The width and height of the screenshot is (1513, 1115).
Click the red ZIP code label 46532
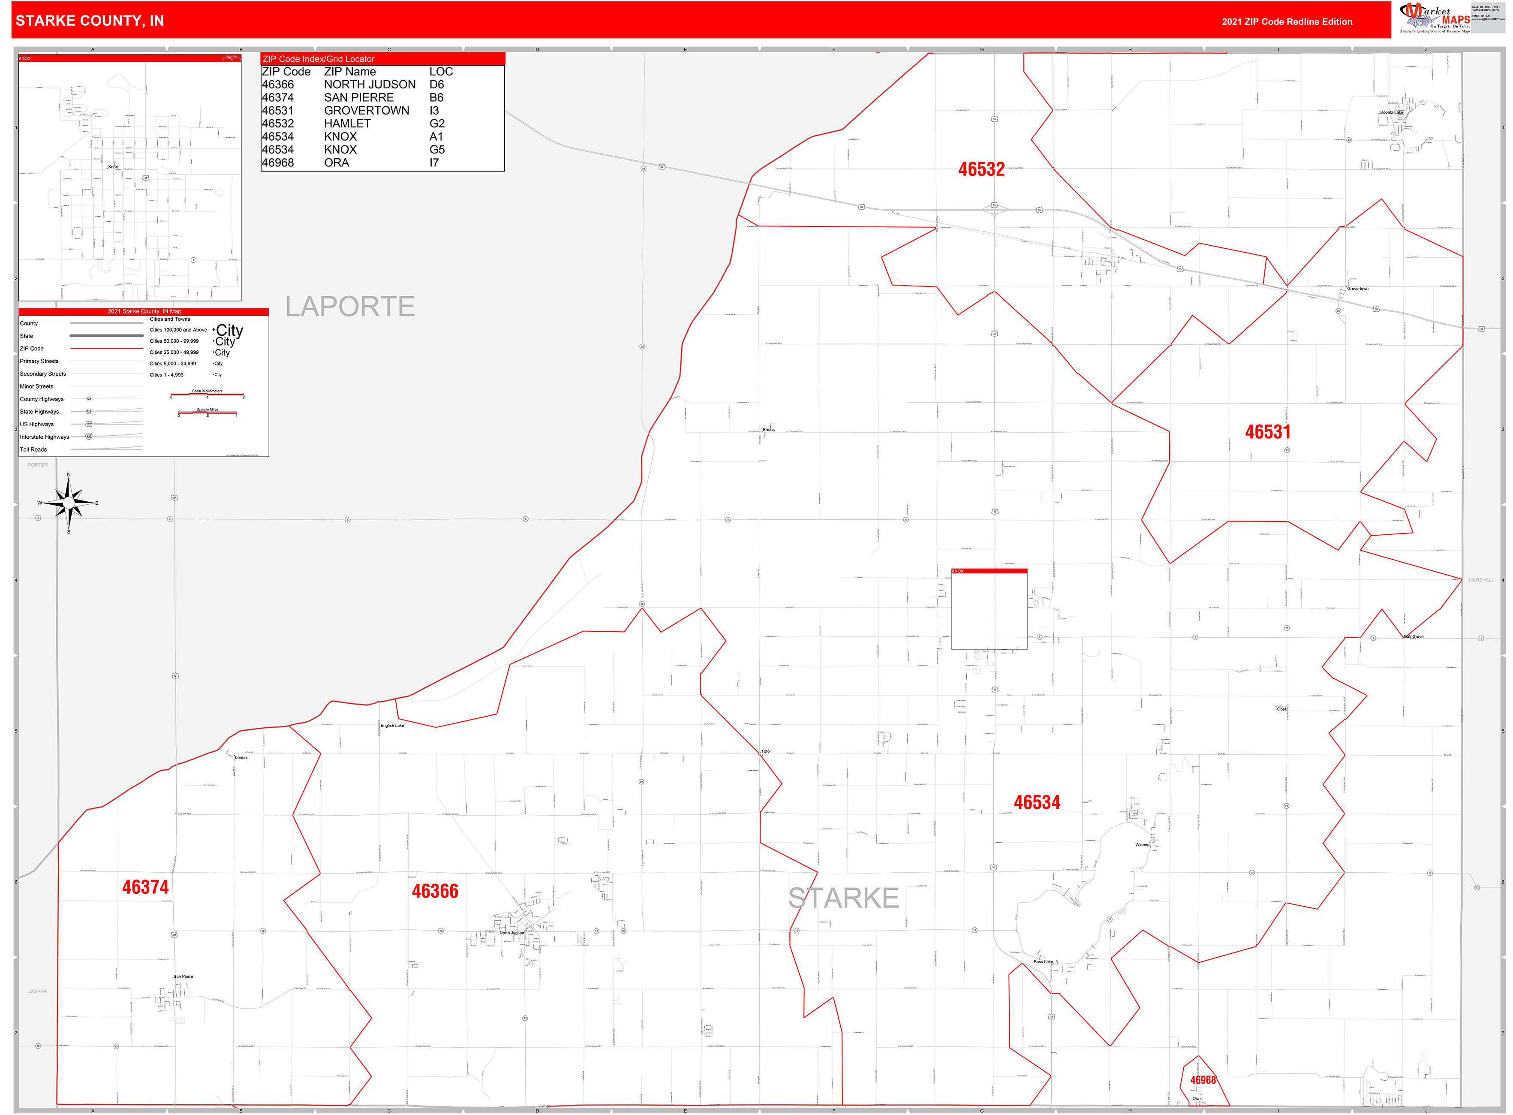click(981, 169)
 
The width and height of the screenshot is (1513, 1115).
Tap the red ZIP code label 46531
click(1267, 432)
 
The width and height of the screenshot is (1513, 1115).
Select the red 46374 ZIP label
click(145, 887)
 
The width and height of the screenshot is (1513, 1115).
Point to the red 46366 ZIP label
click(435, 891)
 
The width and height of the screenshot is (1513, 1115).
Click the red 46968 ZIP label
click(1203, 1080)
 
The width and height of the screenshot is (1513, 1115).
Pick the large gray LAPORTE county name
click(349, 307)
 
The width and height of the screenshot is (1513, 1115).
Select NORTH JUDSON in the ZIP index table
click(370, 84)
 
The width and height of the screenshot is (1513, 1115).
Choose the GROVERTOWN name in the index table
click(367, 111)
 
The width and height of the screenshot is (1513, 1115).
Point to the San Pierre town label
click(183, 976)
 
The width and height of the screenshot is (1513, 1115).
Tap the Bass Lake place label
click(1043, 961)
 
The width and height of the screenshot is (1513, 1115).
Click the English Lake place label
click(392, 726)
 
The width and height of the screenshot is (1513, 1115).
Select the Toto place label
click(765, 750)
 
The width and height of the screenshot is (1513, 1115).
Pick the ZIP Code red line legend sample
click(107, 348)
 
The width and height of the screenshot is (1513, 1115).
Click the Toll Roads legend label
click(33, 449)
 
